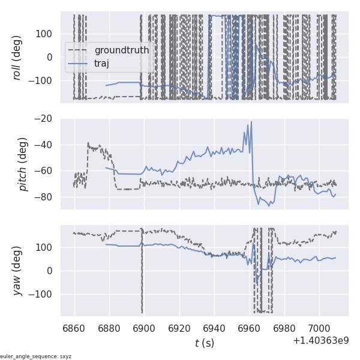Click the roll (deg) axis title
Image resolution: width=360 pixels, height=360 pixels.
[17, 58]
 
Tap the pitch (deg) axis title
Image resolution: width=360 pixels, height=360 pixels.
[23, 164]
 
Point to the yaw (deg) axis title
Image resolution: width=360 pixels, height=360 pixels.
[17, 271]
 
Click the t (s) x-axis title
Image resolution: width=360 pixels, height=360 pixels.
[205, 343]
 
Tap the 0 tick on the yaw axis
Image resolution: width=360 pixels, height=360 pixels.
[52, 271]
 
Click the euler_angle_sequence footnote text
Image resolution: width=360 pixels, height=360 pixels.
[36, 356]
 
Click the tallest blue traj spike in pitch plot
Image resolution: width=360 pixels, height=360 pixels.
[251, 122]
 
